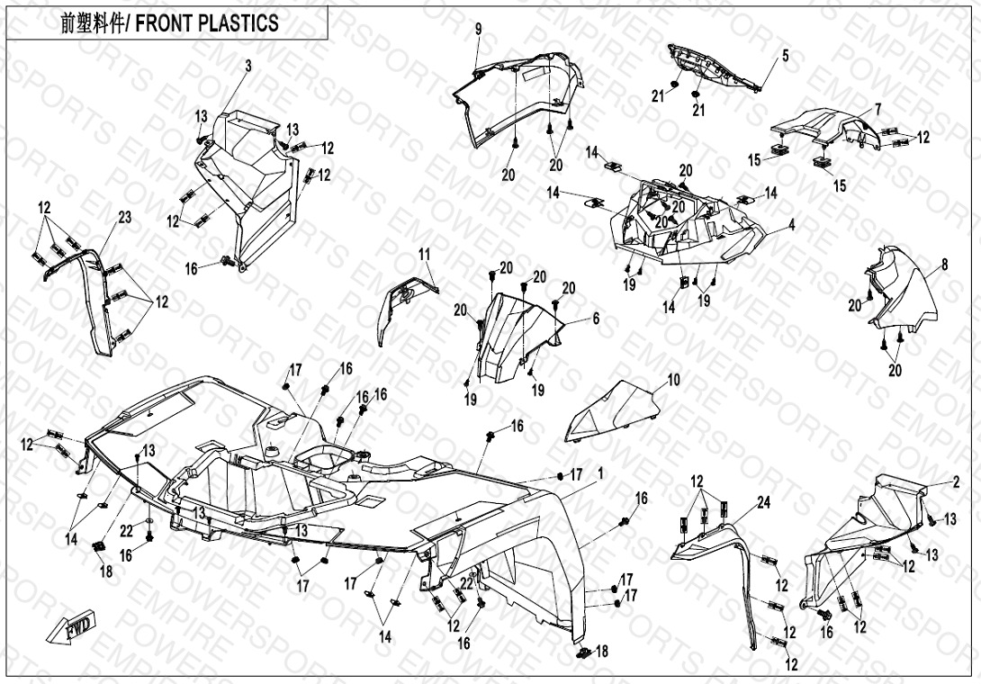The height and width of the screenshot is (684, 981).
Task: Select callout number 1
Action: coord(600,472)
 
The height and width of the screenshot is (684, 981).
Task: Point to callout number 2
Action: coord(956,482)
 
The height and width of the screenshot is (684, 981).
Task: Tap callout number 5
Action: coord(785,56)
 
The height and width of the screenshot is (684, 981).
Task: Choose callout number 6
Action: coord(595,319)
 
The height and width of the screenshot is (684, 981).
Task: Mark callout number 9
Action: coord(479,29)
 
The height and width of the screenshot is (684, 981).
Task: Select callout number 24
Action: coord(763,503)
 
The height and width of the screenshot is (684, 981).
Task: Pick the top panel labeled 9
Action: coord(517,94)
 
